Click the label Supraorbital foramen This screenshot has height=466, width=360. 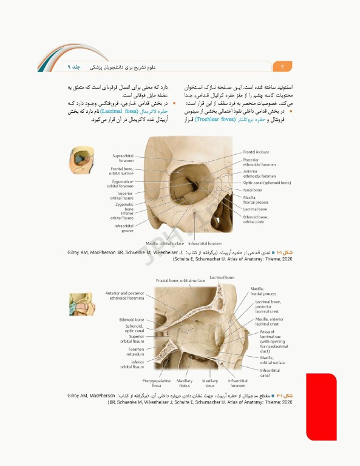pyautogui.click(x=123, y=158)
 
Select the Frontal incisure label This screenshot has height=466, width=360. pyautogui.click(x=256, y=152)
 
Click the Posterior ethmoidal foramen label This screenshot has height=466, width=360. pyautogui.click(x=259, y=162)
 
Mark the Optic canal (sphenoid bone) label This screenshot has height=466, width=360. pyautogui.click(x=267, y=182)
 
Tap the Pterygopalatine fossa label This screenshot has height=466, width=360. pyautogui.click(x=152, y=383)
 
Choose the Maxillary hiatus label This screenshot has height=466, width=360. pyautogui.click(x=185, y=383)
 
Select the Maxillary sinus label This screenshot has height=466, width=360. pyautogui.click(x=210, y=383)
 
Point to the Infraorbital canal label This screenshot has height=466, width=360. pyautogui.click(x=270, y=372)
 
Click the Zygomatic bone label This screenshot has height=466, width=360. pyautogui.click(x=124, y=206)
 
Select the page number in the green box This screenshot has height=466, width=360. pyautogui.click(x=282, y=66)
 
